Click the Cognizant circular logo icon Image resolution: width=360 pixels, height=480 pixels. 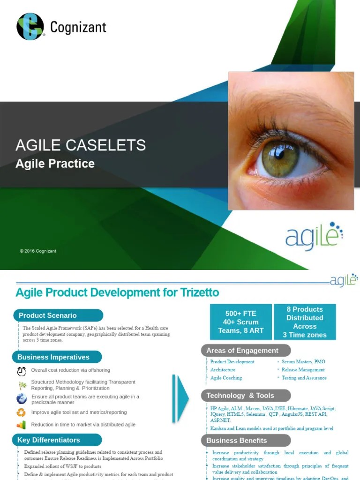click(30, 27)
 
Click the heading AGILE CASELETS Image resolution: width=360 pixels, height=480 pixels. click(81, 145)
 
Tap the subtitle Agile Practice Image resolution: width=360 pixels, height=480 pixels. click(55, 164)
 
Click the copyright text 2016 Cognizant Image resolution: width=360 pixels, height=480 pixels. click(38, 251)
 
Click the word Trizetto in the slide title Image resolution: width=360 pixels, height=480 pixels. click(199, 293)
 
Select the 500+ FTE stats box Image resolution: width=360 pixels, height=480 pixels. click(241, 322)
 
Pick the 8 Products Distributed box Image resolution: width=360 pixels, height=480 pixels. click(305, 322)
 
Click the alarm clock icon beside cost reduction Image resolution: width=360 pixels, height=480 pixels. click(22, 371)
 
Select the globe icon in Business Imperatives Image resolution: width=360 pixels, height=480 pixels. click(22, 399)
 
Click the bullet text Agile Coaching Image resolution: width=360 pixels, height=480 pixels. click(226, 378)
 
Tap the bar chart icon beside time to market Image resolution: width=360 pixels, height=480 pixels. click(22, 425)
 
